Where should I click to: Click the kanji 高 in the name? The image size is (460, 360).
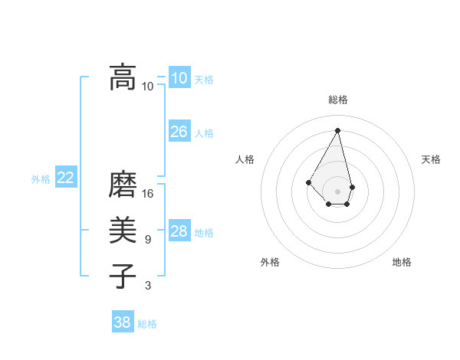pos(123,77)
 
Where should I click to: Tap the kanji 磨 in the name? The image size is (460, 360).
pos(123,185)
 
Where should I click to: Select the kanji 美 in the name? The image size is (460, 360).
pos(123,231)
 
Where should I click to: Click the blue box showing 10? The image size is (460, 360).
pos(179,78)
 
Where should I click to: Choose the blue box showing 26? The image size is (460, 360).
pos(179,132)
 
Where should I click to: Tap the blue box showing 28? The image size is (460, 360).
pos(179,231)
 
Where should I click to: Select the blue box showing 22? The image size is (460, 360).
pos(65,178)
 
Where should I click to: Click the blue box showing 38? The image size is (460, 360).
pos(123,322)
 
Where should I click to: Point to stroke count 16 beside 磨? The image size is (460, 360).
pos(148,194)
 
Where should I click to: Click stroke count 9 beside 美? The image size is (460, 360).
pos(148,240)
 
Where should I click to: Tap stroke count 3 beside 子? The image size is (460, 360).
pos(148,286)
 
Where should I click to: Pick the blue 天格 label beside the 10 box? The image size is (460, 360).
pos(204,80)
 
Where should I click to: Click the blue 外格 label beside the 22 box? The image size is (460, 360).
pos(41,179)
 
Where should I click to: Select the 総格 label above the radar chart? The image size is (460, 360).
pos(338,100)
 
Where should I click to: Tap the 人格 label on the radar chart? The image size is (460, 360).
pos(245,159)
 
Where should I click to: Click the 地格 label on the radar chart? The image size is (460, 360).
pos(402,262)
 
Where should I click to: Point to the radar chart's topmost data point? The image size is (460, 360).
pos(337,130)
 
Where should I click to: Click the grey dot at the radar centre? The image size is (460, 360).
pos(337,191)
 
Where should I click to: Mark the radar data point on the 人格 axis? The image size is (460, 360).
pos(309,182)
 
